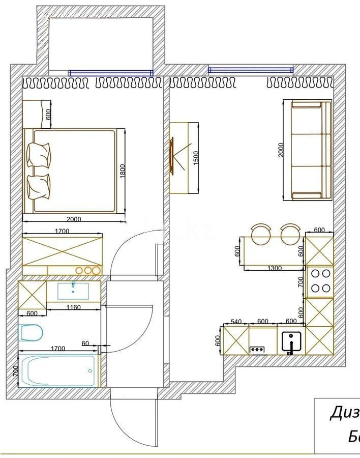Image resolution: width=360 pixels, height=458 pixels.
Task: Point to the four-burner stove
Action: (320, 281)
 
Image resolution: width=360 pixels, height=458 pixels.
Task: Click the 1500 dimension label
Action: (196, 158)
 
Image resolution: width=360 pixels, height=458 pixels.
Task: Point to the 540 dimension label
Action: (235, 321)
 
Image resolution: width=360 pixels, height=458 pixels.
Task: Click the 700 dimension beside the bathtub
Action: (15, 371)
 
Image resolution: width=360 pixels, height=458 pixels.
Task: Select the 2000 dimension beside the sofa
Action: (281, 150)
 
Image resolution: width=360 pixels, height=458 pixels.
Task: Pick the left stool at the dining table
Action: (261, 234)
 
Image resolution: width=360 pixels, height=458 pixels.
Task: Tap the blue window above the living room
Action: (251, 70)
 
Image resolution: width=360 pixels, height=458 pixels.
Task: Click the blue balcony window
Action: (110, 73)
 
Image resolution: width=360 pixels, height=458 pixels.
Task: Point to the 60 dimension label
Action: (85, 344)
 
